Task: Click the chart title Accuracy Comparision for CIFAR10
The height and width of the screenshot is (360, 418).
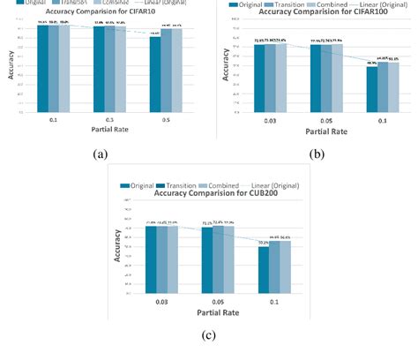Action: coord(103,13)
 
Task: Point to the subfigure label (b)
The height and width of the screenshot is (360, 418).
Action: coord(317,153)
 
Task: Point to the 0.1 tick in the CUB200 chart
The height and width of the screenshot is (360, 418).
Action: coord(274,300)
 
